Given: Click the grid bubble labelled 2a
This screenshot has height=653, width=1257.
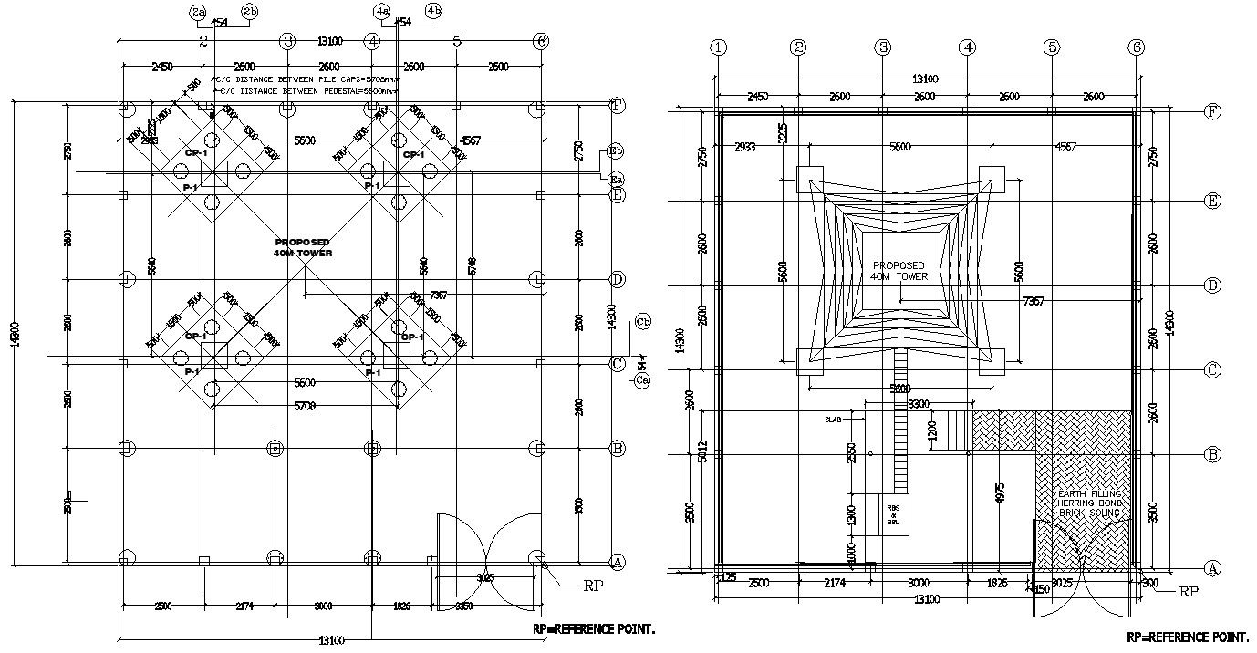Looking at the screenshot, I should point(198,11).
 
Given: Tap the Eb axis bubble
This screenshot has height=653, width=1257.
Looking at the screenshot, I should point(616,151).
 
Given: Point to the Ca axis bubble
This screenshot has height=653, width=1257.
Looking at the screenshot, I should point(642,379).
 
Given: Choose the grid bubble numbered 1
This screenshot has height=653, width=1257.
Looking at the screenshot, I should point(720,47).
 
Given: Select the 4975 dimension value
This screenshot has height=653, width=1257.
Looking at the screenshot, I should point(1000,499).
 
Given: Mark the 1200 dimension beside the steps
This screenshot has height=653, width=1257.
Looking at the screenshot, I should point(931,430).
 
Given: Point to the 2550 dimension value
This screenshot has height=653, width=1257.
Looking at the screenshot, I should point(852,454).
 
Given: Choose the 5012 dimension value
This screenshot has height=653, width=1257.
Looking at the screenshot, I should point(701,452).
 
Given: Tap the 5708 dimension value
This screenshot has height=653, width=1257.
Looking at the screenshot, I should point(471,264).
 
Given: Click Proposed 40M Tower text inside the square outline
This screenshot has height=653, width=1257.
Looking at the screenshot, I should point(899,270).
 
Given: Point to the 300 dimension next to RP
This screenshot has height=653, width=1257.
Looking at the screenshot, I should point(1149,583).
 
